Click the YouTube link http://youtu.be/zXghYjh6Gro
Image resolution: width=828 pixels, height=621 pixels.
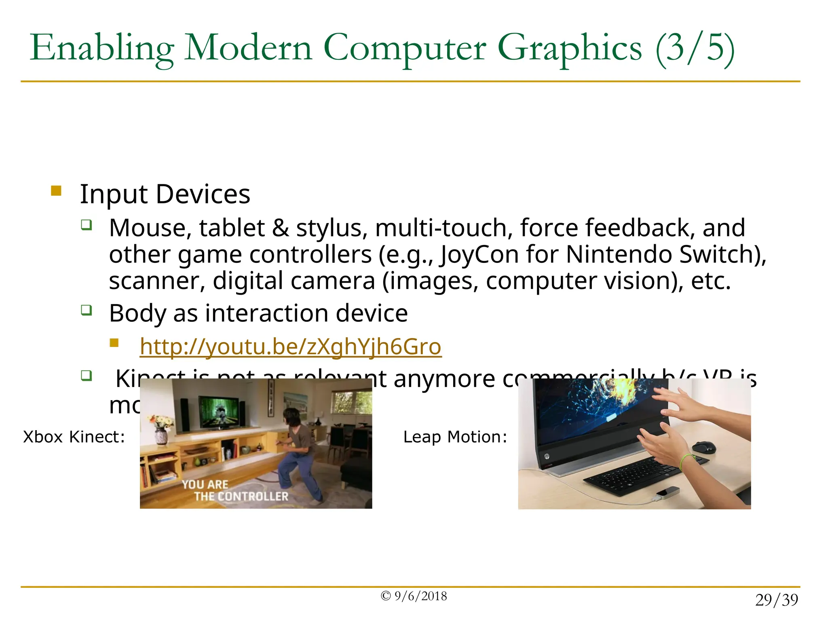(290, 347)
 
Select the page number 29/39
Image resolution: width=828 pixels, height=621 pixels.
(776, 600)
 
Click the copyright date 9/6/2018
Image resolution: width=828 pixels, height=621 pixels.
(420, 596)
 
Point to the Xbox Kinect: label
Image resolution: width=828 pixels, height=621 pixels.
(74, 437)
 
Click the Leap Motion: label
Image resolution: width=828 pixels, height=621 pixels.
(455, 437)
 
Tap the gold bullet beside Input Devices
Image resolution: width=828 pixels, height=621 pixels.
(56, 190)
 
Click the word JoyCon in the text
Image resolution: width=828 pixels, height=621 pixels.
(479, 255)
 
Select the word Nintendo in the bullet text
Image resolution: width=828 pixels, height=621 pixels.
(619, 255)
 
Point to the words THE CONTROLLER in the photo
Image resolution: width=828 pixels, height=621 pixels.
(241, 496)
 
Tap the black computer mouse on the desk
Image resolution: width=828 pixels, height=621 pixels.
(704, 447)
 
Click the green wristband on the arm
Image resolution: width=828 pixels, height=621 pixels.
(686, 461)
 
